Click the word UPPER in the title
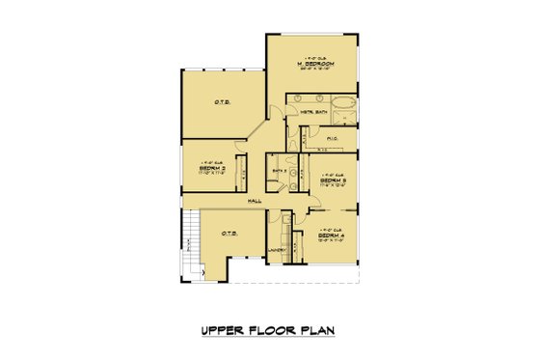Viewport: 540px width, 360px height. tap(219, 330)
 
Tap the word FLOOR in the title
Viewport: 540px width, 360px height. tap(269, 330)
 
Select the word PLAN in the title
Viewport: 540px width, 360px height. tap(317, 330)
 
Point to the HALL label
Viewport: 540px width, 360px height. tap(255, 200)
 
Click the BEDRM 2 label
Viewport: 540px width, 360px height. tap(211, 167)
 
